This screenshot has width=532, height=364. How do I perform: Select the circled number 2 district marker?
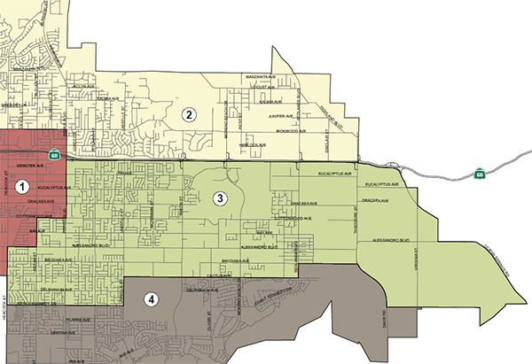(x=187, y=113)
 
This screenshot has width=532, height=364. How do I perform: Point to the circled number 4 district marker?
(x=153, y=299)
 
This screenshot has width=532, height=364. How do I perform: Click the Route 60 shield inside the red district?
(x=55, y=155)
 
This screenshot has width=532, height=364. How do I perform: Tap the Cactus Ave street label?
(x=234, y=275)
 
